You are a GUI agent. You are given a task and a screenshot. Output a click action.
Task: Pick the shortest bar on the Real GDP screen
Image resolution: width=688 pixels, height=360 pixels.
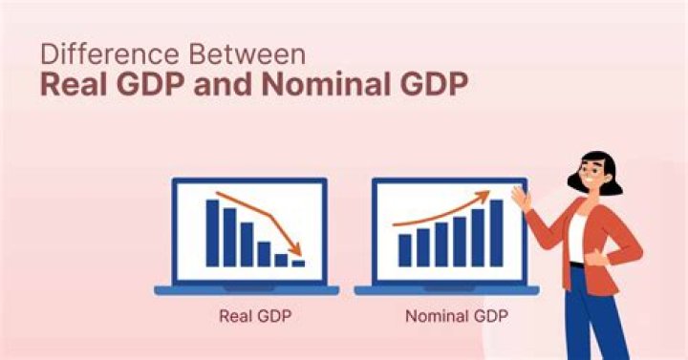pos(298,262)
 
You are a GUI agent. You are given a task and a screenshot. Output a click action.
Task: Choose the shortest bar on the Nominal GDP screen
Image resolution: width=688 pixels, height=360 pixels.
pos(405,250)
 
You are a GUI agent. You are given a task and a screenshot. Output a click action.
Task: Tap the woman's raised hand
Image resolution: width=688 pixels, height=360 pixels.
pos(521,198)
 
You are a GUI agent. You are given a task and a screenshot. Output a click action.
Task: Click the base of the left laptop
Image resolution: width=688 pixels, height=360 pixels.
pos(247,289)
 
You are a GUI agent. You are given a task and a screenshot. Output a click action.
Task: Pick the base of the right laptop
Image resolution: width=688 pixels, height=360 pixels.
pos(446,289)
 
